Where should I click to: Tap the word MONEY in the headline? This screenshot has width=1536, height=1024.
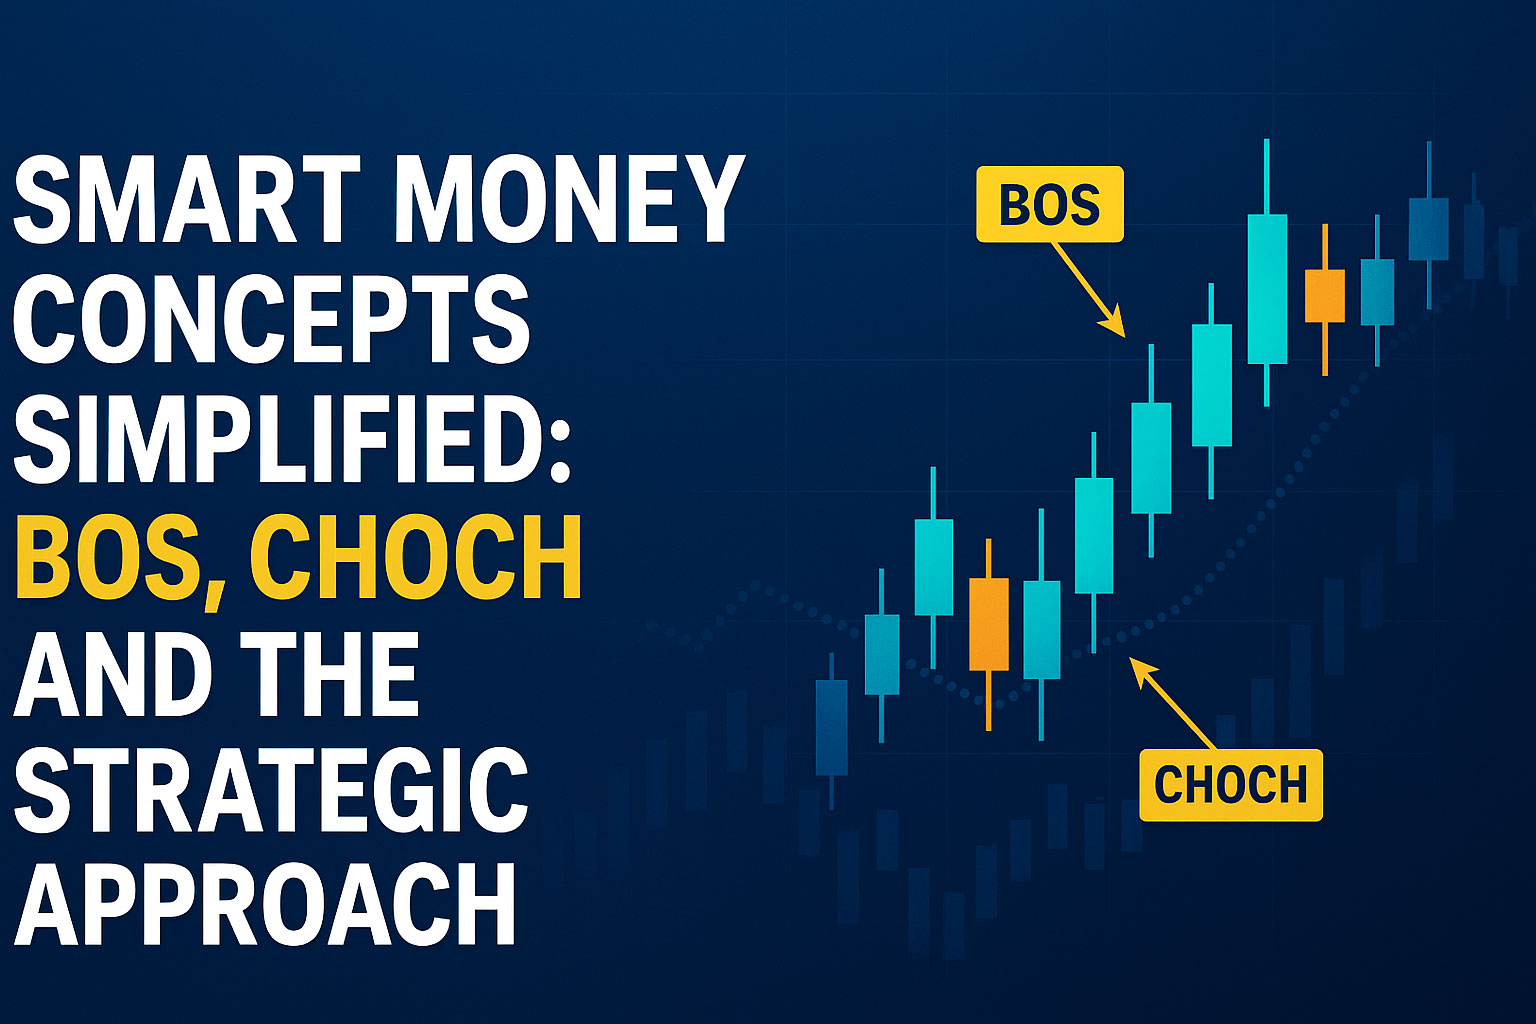tap(569, 199)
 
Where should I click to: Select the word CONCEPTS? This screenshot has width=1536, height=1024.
tap(272, 318)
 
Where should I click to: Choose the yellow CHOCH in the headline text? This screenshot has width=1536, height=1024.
tap(416, 556)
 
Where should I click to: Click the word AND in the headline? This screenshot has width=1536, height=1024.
tap(113, 673)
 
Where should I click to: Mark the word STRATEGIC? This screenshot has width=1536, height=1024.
tap(272, 789)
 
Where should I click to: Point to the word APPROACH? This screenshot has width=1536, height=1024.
tap(265, 904)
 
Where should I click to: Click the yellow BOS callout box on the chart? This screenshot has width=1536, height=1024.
tap(1050, 204)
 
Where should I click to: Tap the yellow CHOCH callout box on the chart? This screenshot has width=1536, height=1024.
tap(1231, 785)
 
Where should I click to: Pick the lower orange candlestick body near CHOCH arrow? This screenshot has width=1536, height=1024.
tap(989, 624)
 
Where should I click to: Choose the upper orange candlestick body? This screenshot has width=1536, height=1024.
tap(1325, 296)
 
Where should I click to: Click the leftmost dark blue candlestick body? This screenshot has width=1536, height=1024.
tap(832, 728)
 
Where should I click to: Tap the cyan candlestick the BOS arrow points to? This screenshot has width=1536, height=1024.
tap(1151, 457)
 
